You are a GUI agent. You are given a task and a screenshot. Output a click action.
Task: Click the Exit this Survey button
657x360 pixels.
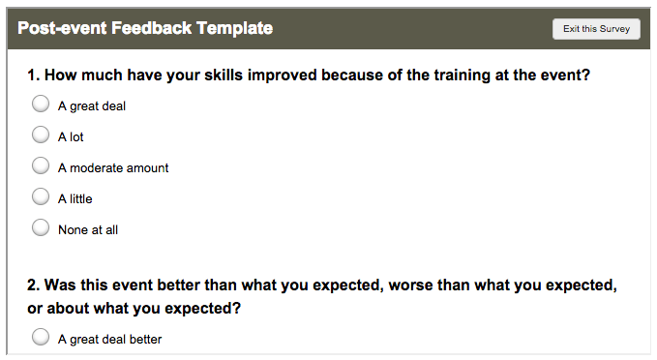(596, 29)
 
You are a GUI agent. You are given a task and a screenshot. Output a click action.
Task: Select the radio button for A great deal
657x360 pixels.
(41, 105)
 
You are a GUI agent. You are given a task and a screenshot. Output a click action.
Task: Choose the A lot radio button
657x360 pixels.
(41, 135)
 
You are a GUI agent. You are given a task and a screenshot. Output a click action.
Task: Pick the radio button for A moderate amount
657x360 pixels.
(41, 166)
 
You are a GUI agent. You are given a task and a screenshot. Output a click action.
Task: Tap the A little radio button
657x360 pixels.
(41, 197)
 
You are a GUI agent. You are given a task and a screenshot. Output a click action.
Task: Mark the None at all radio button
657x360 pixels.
(41, 228)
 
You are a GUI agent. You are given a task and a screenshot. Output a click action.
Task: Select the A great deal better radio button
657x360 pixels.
(41, 338)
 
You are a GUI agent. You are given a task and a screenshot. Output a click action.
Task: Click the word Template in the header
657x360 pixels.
(234, 29)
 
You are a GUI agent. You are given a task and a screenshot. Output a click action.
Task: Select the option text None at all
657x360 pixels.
(88, 230)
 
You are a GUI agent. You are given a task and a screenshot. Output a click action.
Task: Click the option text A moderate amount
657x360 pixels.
(113, 168)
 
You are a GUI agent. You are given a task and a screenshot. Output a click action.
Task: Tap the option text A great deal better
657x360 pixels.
(109, 340)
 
